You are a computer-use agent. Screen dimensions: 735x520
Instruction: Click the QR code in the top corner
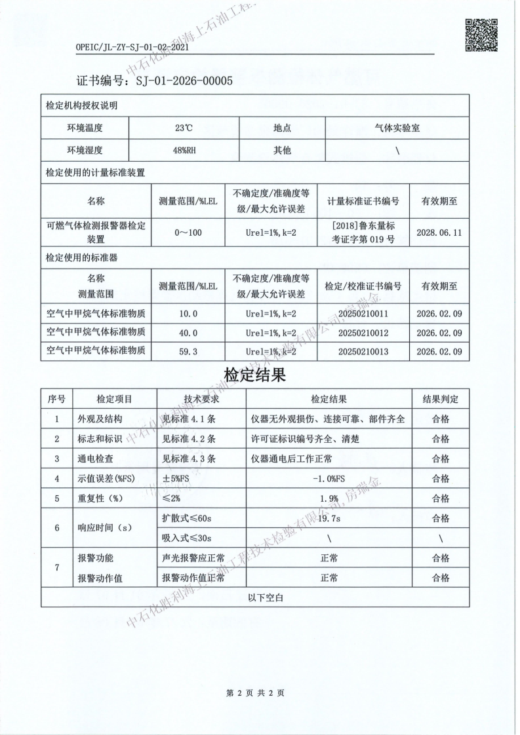pyautogui.click(x=481, y=35)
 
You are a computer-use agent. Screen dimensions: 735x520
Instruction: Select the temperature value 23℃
pyautogui.click(x=184, y=129)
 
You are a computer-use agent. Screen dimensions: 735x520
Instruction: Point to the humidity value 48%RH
pyautogui.click(x=184, y=151)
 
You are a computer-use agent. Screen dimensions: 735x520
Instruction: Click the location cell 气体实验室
pyautogui.click(x=397, y=129)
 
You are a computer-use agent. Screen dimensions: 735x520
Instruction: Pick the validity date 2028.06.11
pyautogui.click(x=439, y=233)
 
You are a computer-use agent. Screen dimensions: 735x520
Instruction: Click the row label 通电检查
pyautogui.click(x=96, y=458)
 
